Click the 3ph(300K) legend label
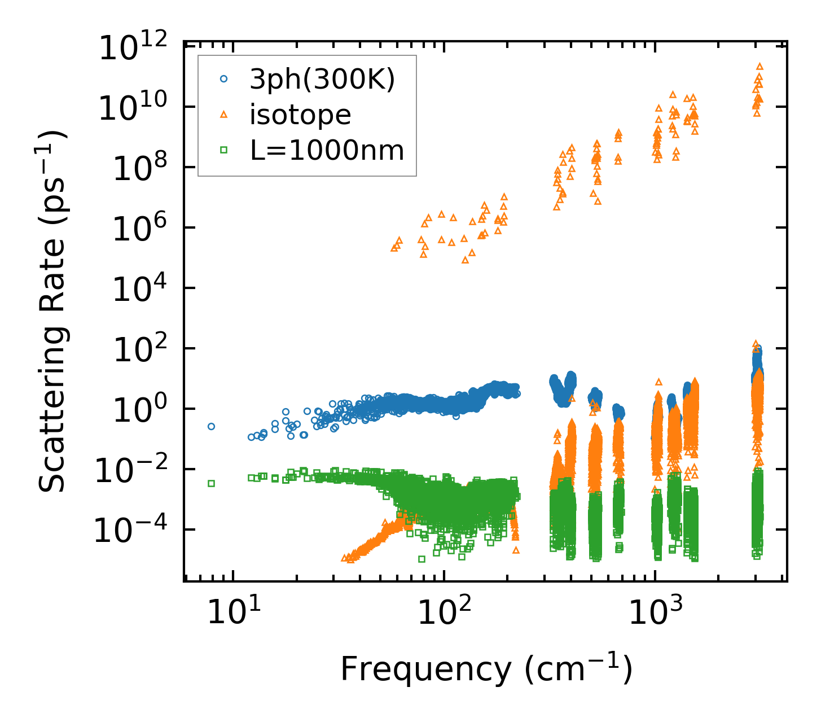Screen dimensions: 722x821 click(322, 80)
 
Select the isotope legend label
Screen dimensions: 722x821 click(300, 115)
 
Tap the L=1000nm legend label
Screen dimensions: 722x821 click(327, 151)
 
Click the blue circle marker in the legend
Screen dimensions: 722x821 click(223, 80)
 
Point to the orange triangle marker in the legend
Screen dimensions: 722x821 click(223, 115)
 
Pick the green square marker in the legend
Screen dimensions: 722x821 click(223, 150)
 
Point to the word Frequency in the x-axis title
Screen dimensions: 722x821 click(425, 670)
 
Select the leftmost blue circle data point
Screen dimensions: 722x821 click(211, 426)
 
